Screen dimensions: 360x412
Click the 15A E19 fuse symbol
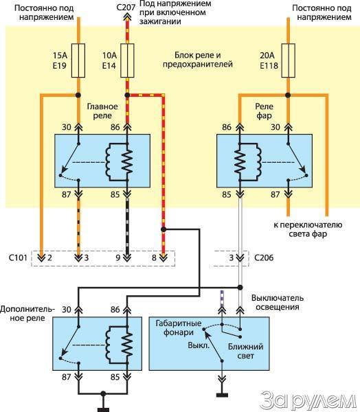[x=78, y=60]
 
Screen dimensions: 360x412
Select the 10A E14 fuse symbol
[x=127, y=60]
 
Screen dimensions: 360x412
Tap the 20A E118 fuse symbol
[x=289, y=60]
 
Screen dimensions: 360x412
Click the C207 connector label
[x=126, y=7]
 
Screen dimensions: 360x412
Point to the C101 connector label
[x=18, y=257]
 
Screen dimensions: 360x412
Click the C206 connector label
[x=264, y=257]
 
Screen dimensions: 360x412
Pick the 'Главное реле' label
[x=102, y=111]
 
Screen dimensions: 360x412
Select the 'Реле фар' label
[x=264, y=111]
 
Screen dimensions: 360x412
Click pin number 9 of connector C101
[x=118, y=257]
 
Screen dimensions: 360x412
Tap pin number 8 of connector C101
[x=154, y=257]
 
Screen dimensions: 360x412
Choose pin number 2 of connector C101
[x=49, y=257]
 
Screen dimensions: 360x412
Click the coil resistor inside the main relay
[x=127, y=161]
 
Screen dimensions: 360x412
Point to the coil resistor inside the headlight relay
[x=239, y=161]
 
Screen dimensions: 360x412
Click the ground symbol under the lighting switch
[x=222, y=395]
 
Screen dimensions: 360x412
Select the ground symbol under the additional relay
[x=103, y=410]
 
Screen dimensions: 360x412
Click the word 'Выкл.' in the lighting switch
[x=199, y=345]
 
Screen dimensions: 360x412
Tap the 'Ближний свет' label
[x=245, y=351]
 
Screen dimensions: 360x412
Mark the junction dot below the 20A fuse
[x=289, y=95]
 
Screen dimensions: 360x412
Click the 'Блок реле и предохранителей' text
[x=198, y=60]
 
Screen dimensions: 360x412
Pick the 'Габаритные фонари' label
[x=179, y=328]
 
